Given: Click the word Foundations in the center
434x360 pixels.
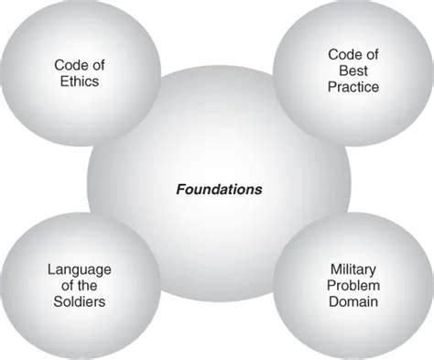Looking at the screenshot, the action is click(x=219, y=190).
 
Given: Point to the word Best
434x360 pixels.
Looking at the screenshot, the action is click(x=353, y=71).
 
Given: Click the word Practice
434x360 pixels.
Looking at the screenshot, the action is click(x=353, y=87).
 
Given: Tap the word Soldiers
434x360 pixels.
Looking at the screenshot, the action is click(x=79, y=301).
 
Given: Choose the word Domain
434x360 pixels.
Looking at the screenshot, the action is click(x=353, y=301).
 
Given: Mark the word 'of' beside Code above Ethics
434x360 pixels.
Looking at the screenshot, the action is click(x=96, y=66).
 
